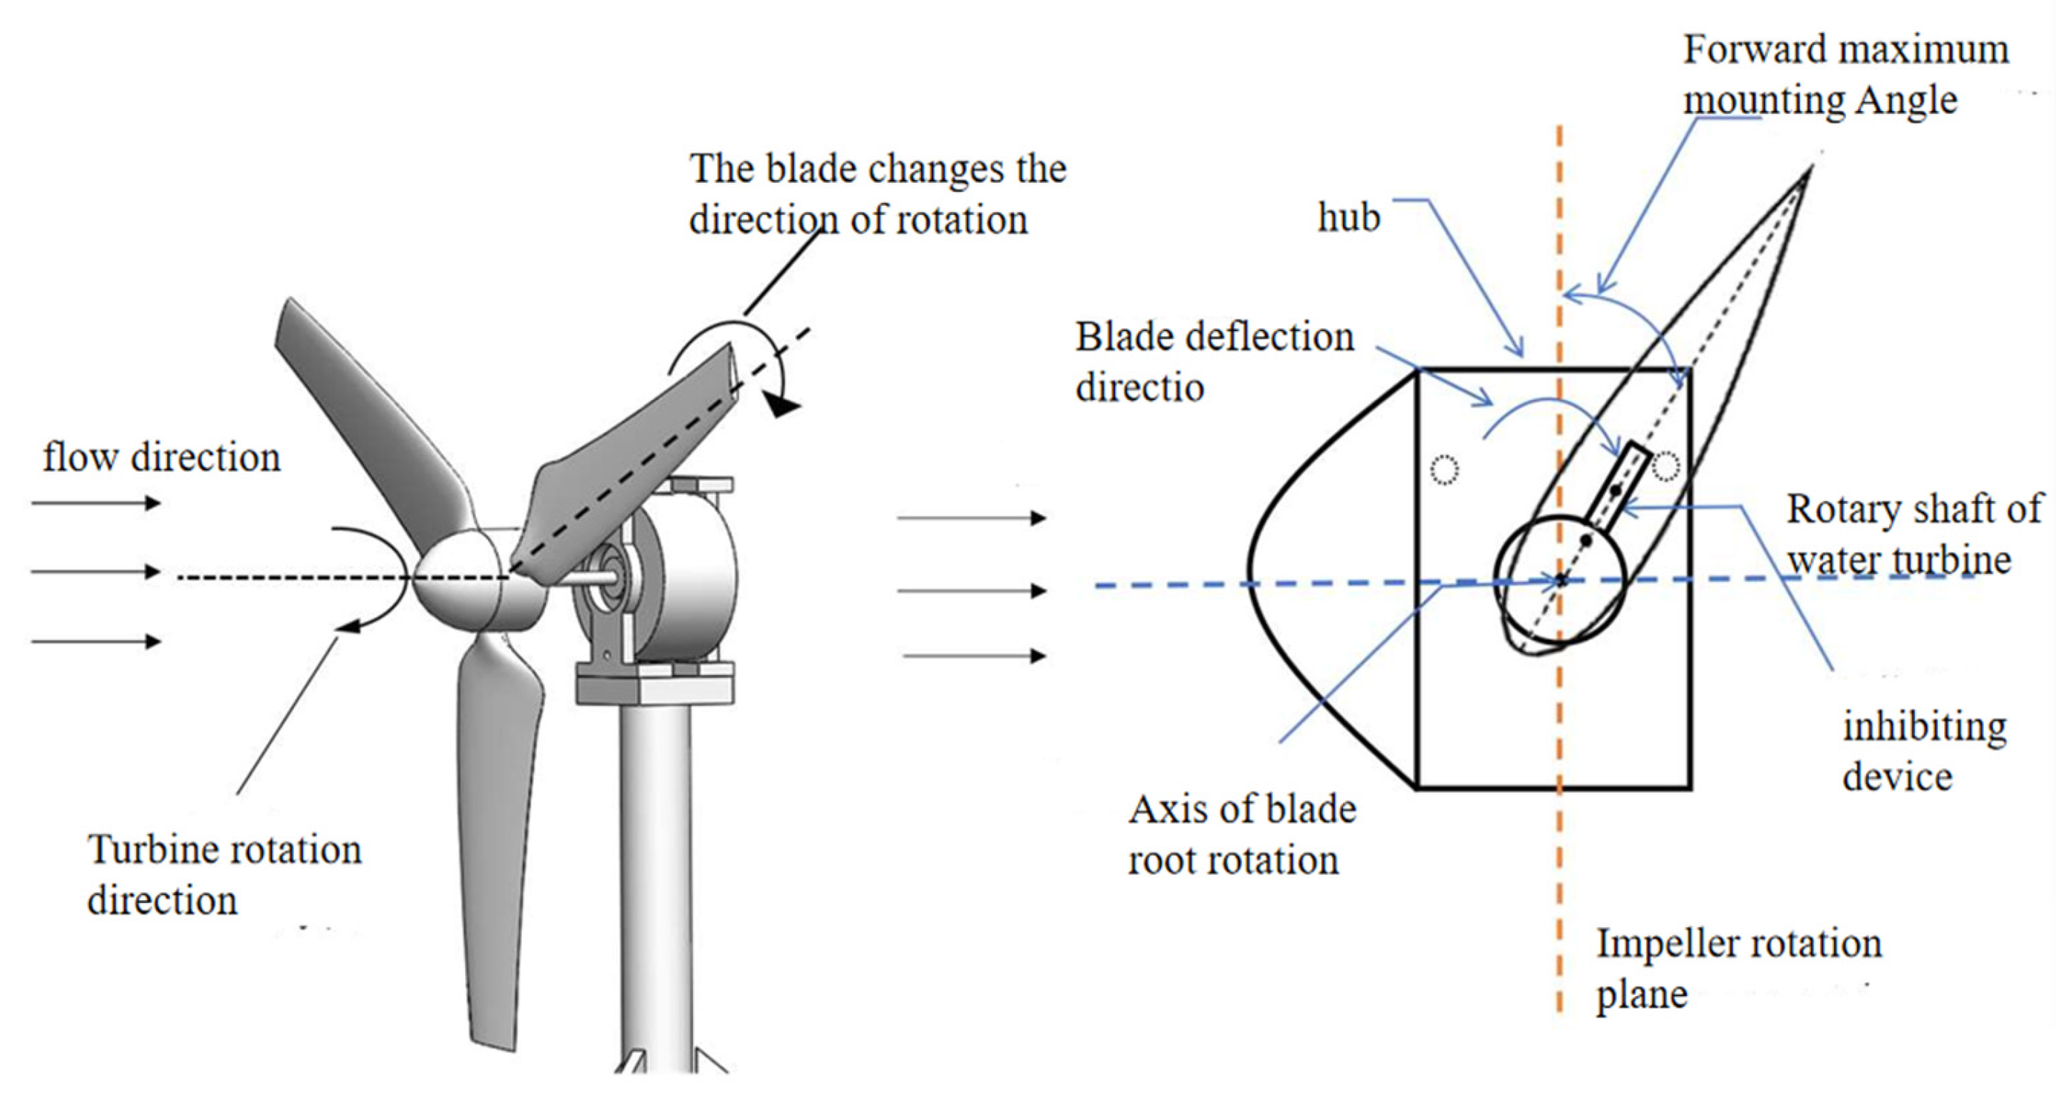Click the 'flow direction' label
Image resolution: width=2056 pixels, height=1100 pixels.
(161, 457)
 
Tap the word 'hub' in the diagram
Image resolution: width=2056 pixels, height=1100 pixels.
(1348, 218)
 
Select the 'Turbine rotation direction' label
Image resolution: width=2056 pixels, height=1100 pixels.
(224, 875)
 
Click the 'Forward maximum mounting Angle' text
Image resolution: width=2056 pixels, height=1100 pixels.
(1844, 75)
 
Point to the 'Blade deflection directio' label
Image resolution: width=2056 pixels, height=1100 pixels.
(1213, 362)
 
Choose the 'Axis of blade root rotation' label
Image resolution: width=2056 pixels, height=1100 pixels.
(1241, 835)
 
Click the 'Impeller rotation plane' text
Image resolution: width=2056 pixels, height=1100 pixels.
(1738, 968)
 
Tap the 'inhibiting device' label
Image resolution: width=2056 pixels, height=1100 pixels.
(1923, 751)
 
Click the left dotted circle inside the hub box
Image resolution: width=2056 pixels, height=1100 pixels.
(1445, 469)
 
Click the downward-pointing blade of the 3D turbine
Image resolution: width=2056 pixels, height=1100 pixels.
(499, 838)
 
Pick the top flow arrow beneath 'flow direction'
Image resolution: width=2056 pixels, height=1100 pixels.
(96, 503)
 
